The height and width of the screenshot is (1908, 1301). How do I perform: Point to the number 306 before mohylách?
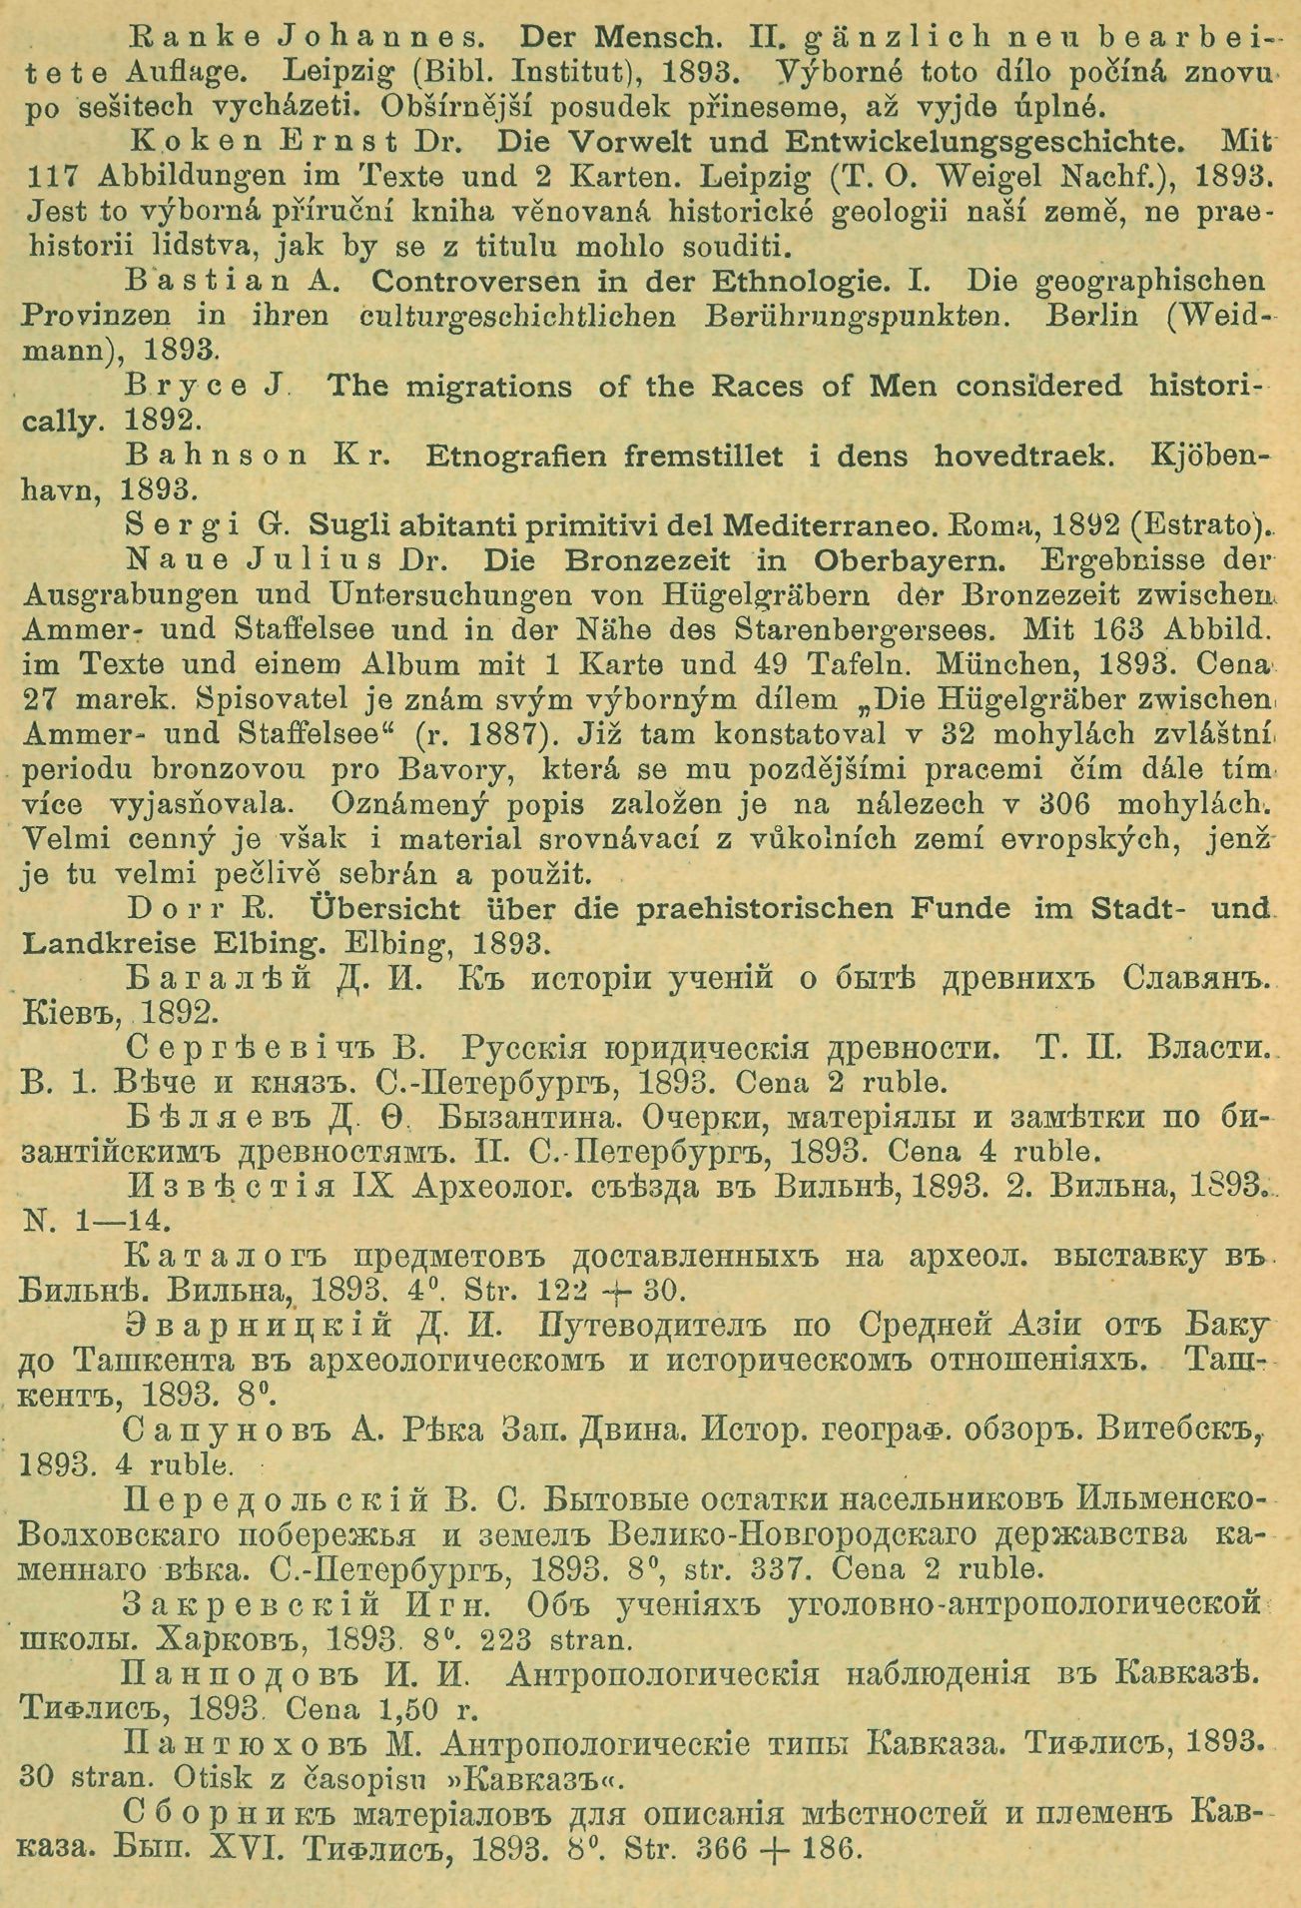point(1030,804)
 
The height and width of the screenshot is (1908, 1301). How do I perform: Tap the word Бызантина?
point(552,1118)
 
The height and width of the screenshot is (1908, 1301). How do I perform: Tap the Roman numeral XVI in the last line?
point(234,1848)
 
